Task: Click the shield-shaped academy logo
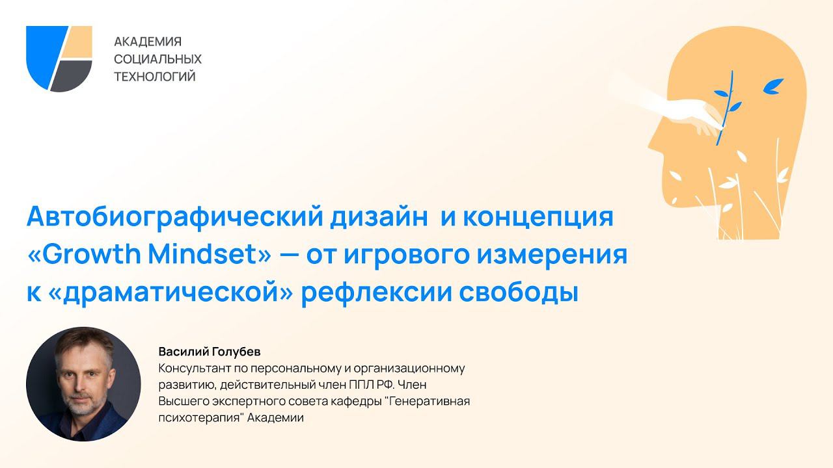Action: point(59,58)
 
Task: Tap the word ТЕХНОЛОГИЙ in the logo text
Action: point(155,77)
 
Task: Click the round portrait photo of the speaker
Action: point(83,384)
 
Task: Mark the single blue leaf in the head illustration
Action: point(774,84)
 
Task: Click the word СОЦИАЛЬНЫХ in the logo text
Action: point(158,59)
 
